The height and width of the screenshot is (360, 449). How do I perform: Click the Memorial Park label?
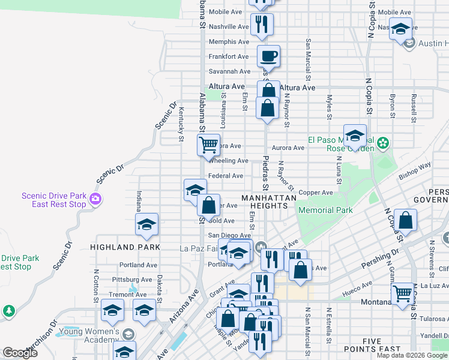325,211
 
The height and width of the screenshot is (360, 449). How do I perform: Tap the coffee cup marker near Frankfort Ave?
268,57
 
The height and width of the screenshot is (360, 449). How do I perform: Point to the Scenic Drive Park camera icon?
95,199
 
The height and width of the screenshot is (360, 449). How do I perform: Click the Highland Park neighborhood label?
125,247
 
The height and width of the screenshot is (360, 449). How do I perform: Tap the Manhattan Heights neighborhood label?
269,202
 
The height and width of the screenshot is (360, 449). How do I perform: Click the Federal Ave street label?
225,176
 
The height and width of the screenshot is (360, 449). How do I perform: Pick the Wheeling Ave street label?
228,161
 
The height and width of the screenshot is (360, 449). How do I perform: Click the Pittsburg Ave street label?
136,280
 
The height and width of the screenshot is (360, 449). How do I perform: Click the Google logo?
20,353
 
